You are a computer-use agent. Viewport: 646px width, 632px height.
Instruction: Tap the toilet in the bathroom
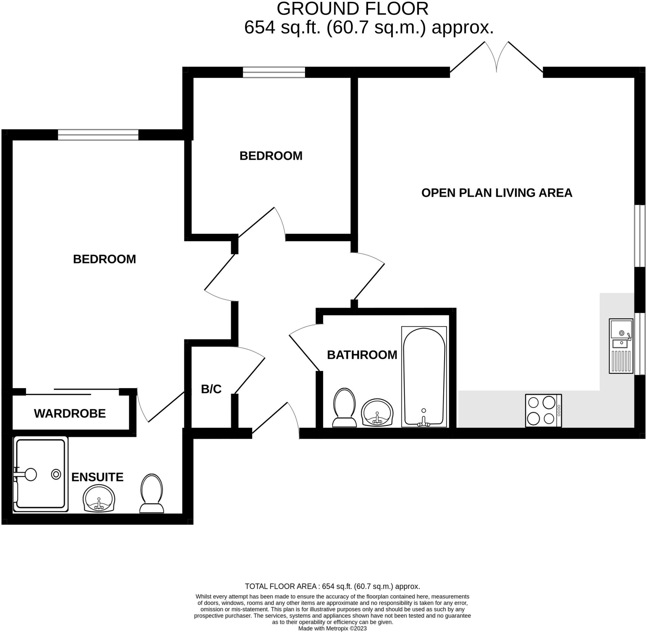[x=344, y=408]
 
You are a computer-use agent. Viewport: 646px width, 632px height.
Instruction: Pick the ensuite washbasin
[x=99, y=499]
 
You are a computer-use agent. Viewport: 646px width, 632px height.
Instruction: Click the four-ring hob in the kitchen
[x=543, y=411]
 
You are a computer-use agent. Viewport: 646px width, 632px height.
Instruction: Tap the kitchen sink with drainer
[x=621, y=346]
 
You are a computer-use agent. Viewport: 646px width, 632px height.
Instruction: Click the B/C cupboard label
[x=211, y=389]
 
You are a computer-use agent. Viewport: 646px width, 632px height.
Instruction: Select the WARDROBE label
[x=70, y=414]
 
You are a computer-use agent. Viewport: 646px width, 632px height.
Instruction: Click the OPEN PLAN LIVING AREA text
[x=496, y=193]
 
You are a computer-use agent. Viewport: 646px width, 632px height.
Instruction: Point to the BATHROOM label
[x=362, y=355]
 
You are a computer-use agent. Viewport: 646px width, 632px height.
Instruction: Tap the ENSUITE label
[x=97, y=477]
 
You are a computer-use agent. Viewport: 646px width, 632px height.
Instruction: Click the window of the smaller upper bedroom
[x=274, y=72]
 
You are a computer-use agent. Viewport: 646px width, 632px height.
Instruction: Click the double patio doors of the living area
[x=496, y=60]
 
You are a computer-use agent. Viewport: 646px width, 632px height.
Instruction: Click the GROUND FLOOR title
[x=352, y=9]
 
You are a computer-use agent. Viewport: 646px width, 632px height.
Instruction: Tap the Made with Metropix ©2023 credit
[x=332, y=628]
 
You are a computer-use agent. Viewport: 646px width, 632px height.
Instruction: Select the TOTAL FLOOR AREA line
[x=332, y=586]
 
